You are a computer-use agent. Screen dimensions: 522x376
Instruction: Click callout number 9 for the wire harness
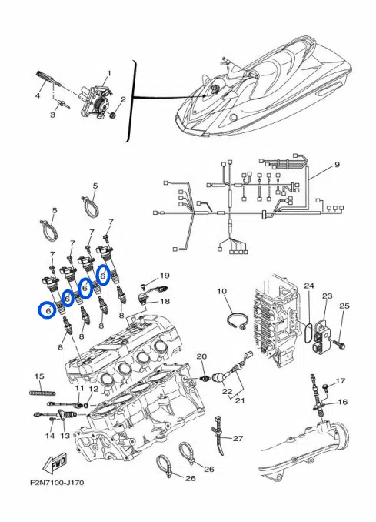(x=336, y=166)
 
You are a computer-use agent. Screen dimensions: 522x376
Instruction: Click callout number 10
(x=221, y=291)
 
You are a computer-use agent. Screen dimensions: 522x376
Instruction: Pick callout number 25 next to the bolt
(x=344, y=306)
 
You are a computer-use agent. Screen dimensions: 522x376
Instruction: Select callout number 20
(x=201, y=356)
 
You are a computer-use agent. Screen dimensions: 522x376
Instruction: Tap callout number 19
(x=165, y=276)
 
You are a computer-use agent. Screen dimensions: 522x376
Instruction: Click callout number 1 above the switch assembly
(x=108, y=73)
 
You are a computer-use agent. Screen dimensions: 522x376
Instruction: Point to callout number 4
(x=37, y=96)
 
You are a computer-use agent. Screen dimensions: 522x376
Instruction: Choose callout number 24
(x=308, y=286)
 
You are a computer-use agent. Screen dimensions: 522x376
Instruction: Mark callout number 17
(x=341, y=381)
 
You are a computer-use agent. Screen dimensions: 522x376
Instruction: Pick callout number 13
(x=65, y=436)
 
